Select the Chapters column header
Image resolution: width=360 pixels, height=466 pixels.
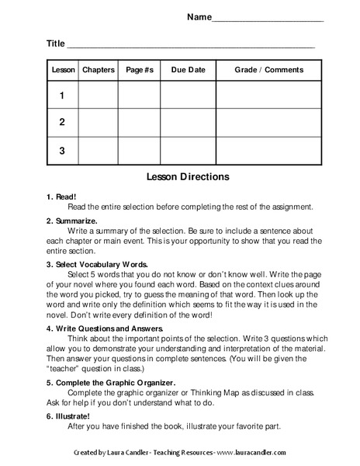pos(98,70)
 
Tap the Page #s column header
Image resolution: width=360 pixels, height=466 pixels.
pos(140,70)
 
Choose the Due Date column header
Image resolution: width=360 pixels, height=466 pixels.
pos(188,70)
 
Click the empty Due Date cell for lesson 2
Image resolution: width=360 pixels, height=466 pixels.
pos(188,122)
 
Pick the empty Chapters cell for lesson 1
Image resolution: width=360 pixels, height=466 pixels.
pos(98,96)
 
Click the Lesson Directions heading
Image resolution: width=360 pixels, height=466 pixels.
pos(188,177)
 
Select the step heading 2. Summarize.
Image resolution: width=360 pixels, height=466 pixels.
pos(71,221)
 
